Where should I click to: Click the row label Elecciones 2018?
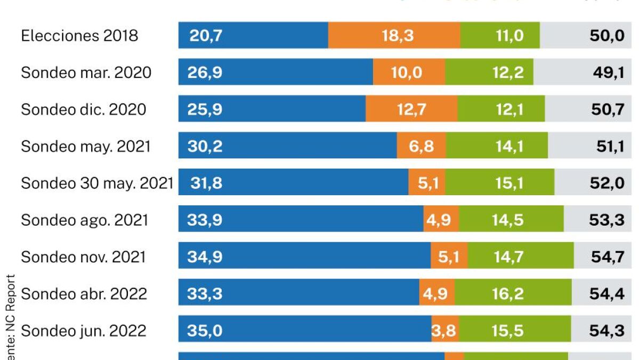coord(79,36)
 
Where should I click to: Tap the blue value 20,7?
coord(205,36)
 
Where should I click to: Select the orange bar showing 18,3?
coord(394,36)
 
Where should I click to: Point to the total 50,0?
coord(608,36)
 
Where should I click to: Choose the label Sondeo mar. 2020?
coord(86,73)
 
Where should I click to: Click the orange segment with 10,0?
coord(409,73)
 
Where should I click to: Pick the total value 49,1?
coord(609,73)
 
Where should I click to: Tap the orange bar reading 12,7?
coord(411,109)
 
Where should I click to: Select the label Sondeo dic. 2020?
coord(83,109)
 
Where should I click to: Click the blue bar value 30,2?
coord(205,146)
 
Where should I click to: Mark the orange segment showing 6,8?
coord(422,146)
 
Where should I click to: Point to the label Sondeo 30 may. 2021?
coord(97,183)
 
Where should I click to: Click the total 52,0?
coord(608,183)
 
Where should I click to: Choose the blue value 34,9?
coord(205,257)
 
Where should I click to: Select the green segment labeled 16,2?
coord(508,293)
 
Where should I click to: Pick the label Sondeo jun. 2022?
coord(83,331)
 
